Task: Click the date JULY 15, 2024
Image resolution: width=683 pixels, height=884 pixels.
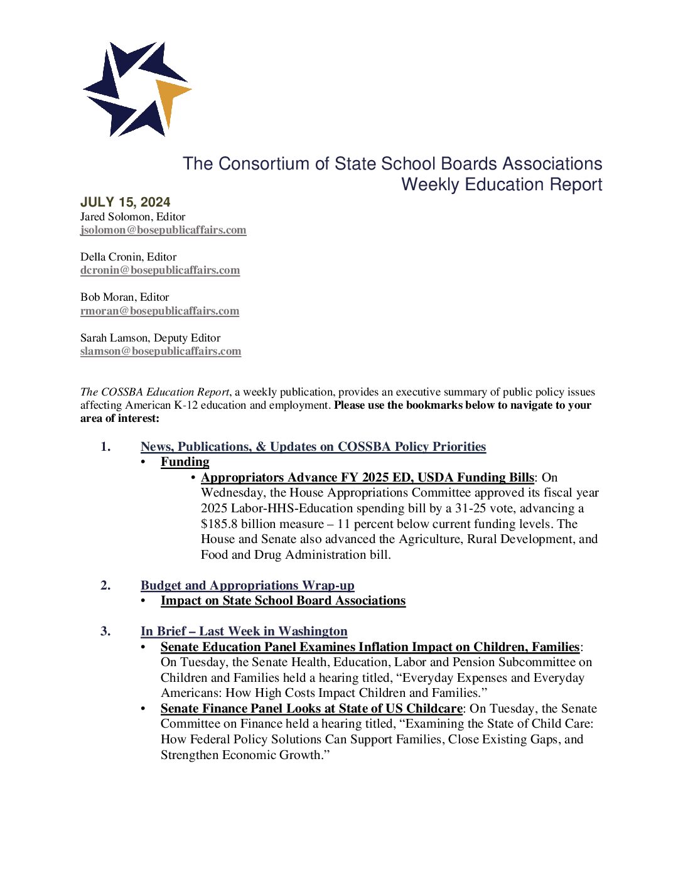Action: tap(126, 202)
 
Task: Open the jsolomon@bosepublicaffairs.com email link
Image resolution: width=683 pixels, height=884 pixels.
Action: tap(163, 230)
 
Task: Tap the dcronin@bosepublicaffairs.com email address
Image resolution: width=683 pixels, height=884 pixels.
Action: tap(160, 270)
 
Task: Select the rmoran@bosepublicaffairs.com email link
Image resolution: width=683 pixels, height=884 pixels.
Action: tap(159, 311)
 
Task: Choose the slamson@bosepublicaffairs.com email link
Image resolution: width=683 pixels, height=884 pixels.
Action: tap(161, 351)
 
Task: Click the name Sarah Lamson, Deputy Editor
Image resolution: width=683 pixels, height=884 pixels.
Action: tap(150, 338)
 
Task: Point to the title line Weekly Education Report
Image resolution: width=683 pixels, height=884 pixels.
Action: tap(502, 185)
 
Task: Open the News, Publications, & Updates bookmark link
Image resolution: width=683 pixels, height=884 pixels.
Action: tap(313, 446)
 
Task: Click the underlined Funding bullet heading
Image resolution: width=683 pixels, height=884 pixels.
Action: tap(185, 462)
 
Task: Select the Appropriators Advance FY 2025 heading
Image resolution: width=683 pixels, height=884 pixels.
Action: tap(367, 477)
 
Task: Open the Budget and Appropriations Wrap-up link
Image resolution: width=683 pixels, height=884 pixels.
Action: tap(247, 585)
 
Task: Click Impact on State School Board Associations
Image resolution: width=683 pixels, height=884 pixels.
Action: tap(283, 601)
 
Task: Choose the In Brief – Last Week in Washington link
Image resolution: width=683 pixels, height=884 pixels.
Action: tap(244, 632)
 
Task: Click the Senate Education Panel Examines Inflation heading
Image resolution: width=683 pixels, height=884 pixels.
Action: tap(370, 647)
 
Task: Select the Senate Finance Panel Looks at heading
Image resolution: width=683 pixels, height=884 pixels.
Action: tap(311, 709)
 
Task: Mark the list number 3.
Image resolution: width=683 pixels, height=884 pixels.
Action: tap(105, 632)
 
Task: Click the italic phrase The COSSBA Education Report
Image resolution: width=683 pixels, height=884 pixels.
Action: tap(155, 392)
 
